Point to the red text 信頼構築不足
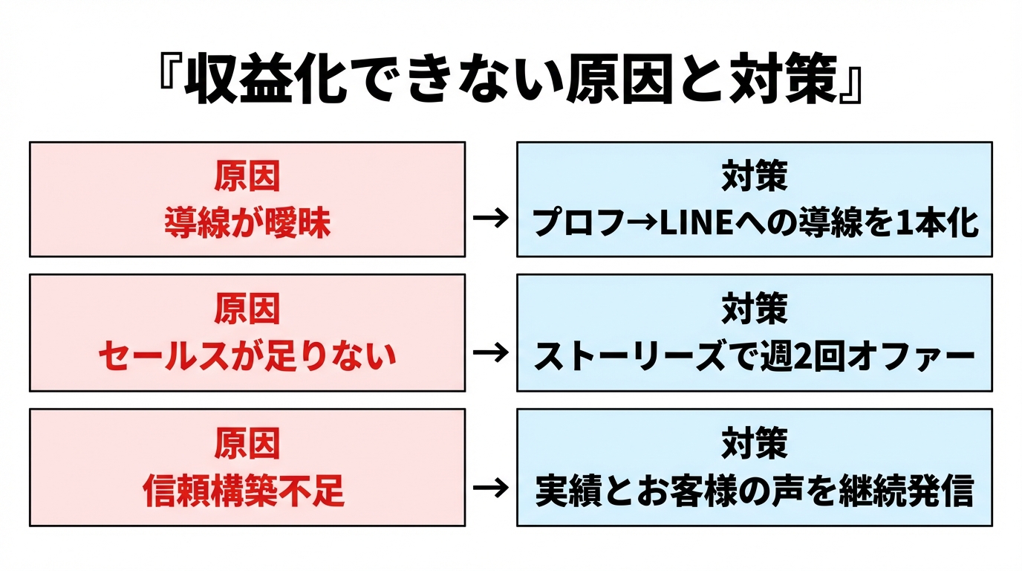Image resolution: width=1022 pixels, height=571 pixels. pos(247,491)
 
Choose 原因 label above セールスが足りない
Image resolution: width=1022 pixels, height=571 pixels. pos(247,310)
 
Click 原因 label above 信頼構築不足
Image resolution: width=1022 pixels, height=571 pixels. pos(247,444)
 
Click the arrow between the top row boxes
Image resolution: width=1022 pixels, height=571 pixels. pos(490,219)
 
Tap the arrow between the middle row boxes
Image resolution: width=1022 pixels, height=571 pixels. pos(490,353)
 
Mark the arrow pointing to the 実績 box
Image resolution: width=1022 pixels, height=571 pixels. pos(490,488)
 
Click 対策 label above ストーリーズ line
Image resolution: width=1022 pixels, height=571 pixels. pos(754,310)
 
